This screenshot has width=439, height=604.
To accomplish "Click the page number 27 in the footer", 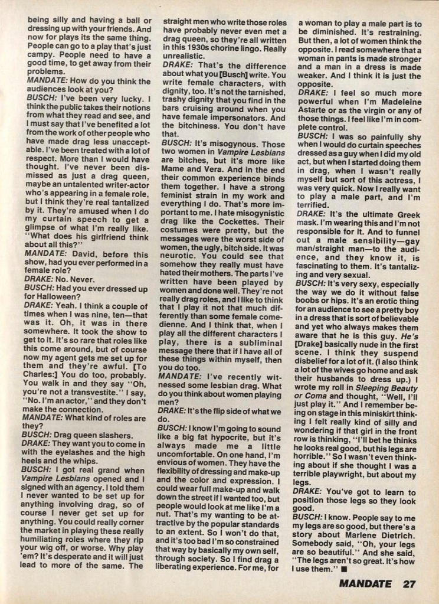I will coord(408,585).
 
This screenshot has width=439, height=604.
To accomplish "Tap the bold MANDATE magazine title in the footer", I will coord(365,585).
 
